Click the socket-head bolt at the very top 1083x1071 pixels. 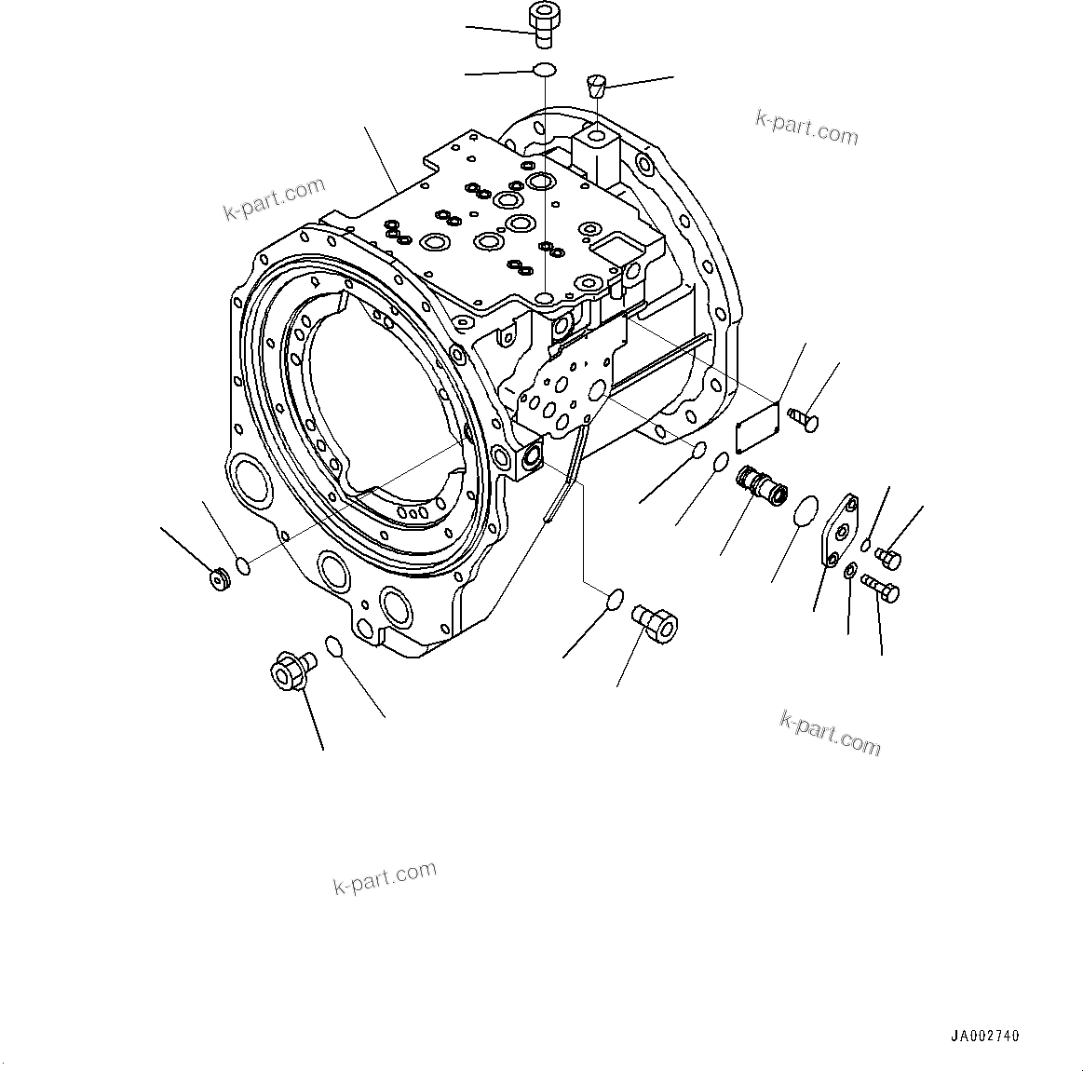pos(542,22)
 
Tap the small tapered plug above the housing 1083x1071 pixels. pos(596,87)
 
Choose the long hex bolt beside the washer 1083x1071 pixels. pos(880,587)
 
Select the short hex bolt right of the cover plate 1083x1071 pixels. pos(889,558)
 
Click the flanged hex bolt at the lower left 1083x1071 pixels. pos(291,671)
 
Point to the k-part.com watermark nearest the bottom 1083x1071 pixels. pos(385,876)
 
